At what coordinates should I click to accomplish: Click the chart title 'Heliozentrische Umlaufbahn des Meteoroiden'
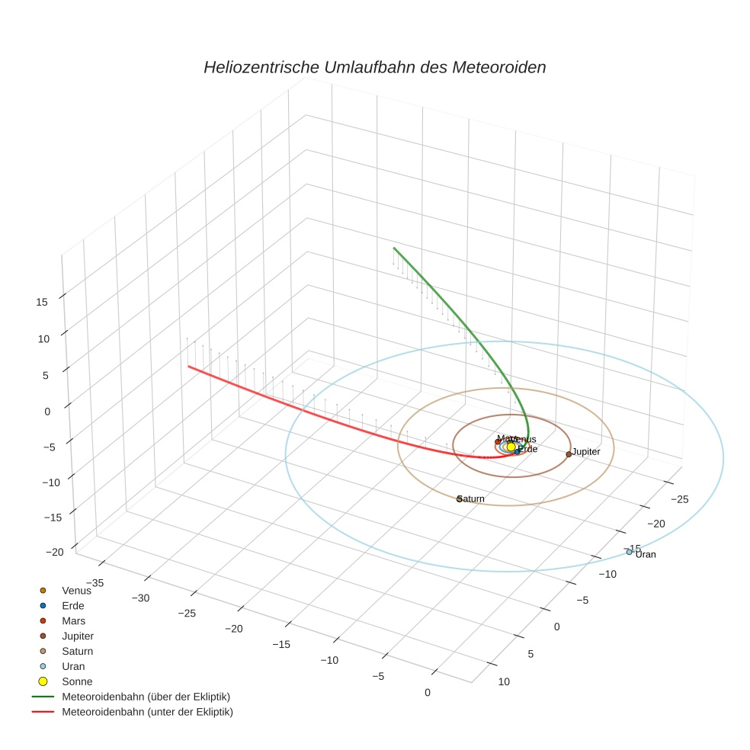[x=374, y=67]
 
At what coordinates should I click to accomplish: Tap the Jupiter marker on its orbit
[x=569, y=454]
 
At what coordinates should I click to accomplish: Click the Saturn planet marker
[x=460, y=499]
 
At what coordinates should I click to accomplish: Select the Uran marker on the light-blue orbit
[x=629, y=552]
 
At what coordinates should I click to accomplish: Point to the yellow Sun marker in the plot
[x=511, y=447]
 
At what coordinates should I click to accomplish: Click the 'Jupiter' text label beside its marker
[x=586, y=452]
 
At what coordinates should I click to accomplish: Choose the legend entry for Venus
[x=76, y=590]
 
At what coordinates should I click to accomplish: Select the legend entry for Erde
[x=72, y=605]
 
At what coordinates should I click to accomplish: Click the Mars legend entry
[x=73, y=620]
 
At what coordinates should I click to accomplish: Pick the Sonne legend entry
[x=76, y=681]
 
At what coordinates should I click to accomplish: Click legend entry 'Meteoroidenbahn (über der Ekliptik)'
[x=146, y=697]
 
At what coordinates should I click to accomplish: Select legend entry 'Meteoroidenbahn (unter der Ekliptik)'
[x=147, y=712]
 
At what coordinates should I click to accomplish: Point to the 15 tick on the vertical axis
[x=41, y=302]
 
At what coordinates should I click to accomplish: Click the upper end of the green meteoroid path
[x=393, y=248]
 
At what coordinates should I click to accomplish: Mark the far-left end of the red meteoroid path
[x=188, y=367]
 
